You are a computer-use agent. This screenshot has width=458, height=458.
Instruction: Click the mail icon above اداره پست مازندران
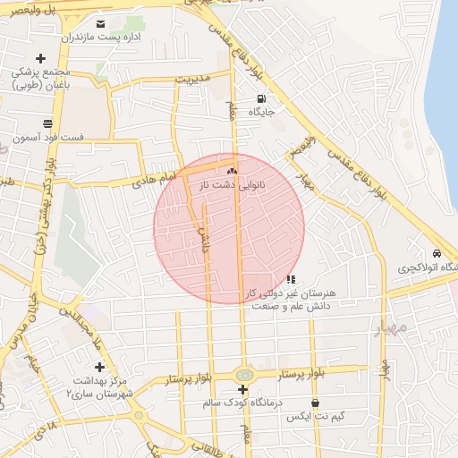(100, 23)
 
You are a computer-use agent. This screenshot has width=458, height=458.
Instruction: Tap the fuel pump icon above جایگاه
(261, 98)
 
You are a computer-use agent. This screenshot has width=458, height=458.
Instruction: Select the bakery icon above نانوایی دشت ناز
(233, 169)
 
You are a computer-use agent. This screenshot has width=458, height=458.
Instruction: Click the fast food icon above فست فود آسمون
(47, 123)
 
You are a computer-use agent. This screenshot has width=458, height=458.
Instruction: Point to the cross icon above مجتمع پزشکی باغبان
(41, 58)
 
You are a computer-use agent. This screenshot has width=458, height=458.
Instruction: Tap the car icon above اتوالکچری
(436, 254)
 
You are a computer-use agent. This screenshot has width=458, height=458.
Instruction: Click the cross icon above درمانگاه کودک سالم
(243, 389)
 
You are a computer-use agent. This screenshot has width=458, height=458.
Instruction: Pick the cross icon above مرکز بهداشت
(99, 367)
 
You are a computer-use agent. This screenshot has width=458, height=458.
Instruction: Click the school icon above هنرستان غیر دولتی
(290, 279)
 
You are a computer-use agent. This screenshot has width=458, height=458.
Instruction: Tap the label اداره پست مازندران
(95, 38)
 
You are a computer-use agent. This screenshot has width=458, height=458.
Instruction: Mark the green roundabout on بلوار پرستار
(242, 374)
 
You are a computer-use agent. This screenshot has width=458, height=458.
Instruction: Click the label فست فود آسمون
(48, 139)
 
